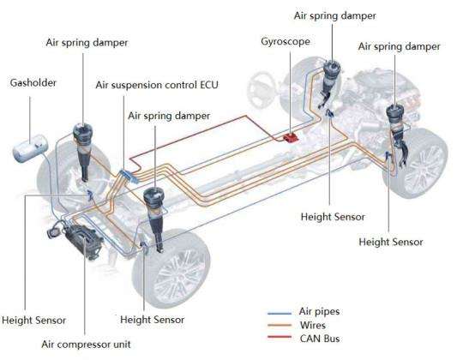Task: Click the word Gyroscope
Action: [x=286, y=41]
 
